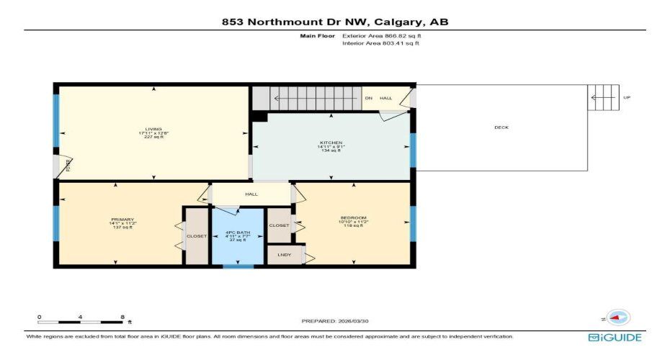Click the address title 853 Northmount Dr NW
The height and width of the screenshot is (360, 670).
click(335, 22)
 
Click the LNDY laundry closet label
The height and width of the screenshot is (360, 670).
click(284, 255)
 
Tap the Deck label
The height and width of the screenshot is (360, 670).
click(501, 127)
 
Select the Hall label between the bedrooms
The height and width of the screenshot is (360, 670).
click(251, 194)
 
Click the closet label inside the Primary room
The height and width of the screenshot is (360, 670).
click(197, 235)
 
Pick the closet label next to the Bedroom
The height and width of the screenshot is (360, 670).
click(279, 225)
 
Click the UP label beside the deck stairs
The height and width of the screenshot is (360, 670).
click(627, 97)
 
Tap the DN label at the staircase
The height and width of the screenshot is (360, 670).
click(368, 98)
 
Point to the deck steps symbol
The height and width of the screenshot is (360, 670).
click(603, 97)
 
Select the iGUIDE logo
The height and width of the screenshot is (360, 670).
click(615, 337)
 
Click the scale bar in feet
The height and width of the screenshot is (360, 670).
click(81, 321)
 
